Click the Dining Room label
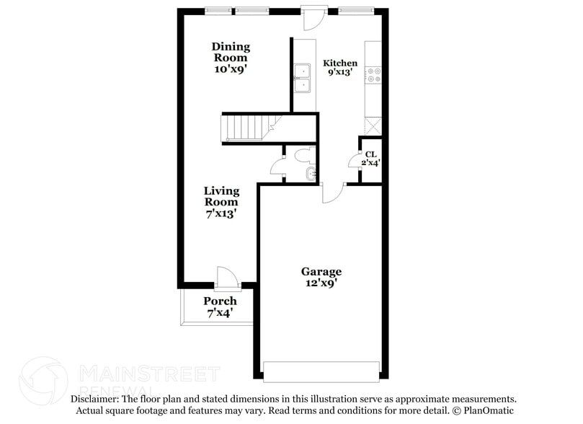231,58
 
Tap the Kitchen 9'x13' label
339,68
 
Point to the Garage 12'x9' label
321,277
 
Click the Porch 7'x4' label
220,306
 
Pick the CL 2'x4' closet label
370,159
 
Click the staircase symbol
245,128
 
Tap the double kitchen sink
302,78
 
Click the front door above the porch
226,277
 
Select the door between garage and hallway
332,192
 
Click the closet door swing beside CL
355,160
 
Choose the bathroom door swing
277,167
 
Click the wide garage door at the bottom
321,371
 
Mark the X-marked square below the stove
373,126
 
